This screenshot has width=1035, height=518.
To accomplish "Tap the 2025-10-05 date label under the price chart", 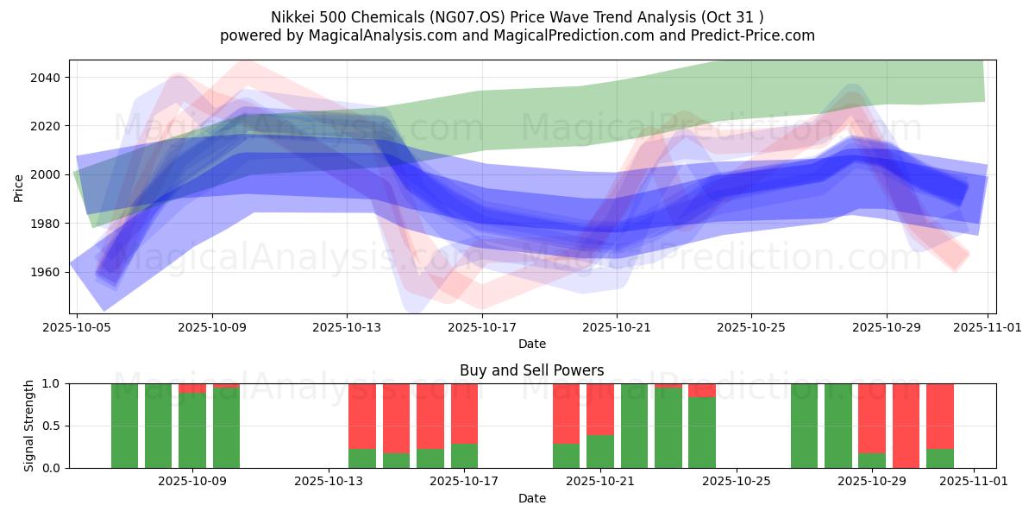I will point(78,327).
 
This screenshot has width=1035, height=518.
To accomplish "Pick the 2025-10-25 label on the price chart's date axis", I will point(751,327).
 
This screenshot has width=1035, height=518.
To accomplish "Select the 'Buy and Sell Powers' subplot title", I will point(532,370).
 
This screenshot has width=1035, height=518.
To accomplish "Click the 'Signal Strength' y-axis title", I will point(29,426).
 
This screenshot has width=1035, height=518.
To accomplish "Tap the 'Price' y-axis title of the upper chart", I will point(19,186).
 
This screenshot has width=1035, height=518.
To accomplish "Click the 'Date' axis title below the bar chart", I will point(532,498).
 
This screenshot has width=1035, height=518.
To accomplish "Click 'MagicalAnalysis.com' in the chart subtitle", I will point(356,35).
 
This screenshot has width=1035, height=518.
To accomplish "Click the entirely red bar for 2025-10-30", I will point(906,426).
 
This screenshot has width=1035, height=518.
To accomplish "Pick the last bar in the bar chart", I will point(939,414).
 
